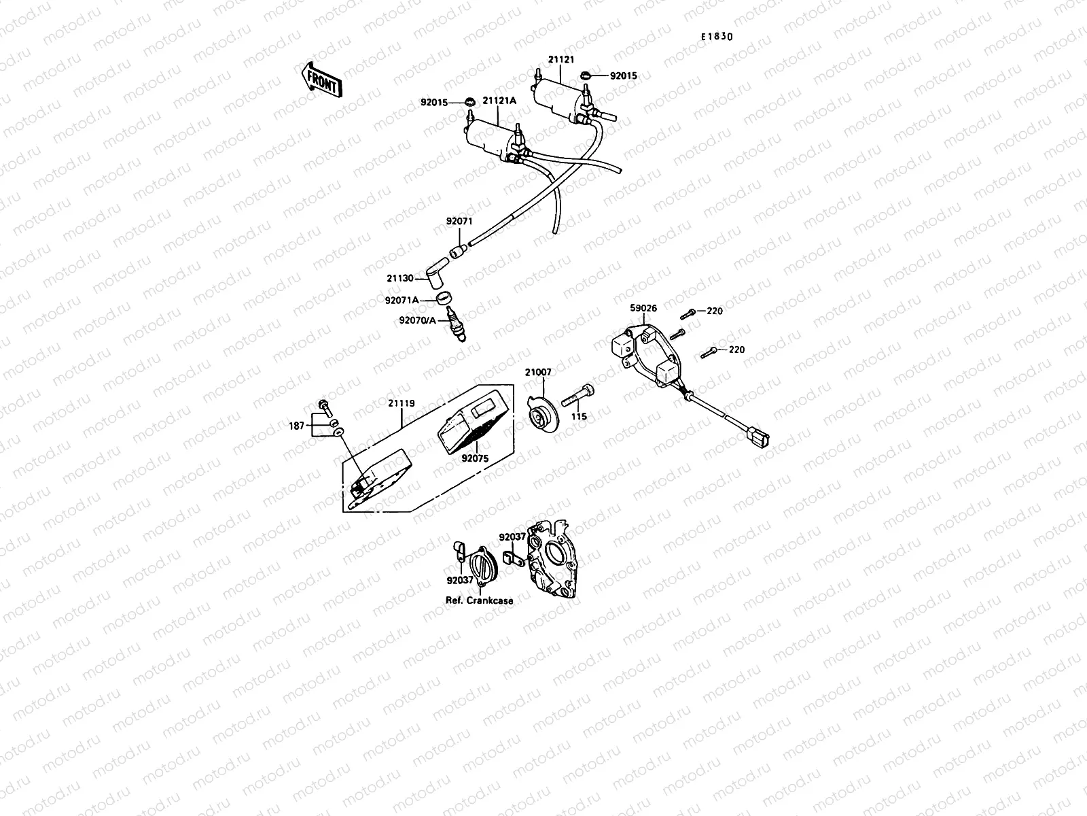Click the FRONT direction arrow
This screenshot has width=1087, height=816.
click(321, 80)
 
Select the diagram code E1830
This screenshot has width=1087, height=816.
click(717, 37)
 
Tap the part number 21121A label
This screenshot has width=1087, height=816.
click(499, 101)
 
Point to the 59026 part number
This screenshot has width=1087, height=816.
click(643, 308)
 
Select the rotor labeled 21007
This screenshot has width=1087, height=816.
click(543, 411)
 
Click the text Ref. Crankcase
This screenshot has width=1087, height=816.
click(479, 600)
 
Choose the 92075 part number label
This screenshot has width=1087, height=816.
click(475, 458)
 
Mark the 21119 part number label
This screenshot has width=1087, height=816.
click(401, 403)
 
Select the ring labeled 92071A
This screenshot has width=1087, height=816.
click(445, 298)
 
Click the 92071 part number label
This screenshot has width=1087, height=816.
click(459, 221)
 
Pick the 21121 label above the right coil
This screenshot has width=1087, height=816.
click(562, 60)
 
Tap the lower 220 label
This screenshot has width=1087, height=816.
click(736, 350)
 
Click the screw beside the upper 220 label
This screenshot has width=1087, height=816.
click(688, 311)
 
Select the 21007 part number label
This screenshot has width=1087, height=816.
click(538, 372)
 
